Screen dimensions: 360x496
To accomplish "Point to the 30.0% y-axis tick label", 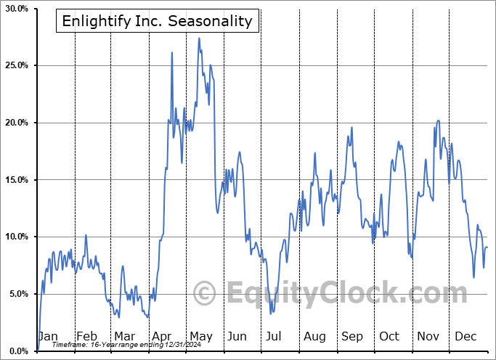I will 16,9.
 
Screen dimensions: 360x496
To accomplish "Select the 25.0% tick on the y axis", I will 16,66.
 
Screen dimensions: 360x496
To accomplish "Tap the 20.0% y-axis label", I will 16,123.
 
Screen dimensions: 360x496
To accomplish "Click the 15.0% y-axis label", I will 16,180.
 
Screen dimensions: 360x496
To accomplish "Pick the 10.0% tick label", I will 16,237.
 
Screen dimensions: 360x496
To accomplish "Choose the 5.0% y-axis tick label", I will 17,294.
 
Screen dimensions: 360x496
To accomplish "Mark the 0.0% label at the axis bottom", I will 17,351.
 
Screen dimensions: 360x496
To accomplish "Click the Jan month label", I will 48,337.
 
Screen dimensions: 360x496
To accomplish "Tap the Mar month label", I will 125,337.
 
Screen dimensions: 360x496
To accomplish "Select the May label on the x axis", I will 200,337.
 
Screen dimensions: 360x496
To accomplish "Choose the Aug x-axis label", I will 314,337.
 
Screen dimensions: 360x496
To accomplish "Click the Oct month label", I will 389,337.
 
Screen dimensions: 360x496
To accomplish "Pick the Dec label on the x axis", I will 465,337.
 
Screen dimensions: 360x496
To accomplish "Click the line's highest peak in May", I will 199,38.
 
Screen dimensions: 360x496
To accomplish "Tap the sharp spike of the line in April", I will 172,52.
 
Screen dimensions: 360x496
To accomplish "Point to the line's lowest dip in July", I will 271,314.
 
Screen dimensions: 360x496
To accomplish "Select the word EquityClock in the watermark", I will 341,294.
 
